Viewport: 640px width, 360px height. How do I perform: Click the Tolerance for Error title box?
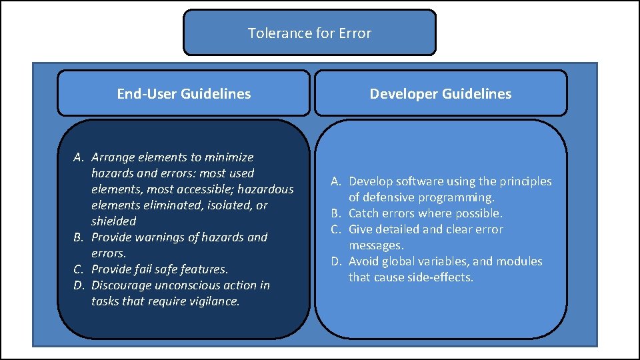309,32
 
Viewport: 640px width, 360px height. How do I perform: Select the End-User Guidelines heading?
183,94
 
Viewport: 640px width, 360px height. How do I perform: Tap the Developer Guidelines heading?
441,94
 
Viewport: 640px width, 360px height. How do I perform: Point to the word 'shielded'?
113,221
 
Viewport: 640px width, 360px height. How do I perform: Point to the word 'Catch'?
363,213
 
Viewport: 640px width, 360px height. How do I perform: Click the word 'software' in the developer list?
417,181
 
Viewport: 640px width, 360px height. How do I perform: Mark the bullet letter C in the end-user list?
78,269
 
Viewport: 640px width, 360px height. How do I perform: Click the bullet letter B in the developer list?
336,213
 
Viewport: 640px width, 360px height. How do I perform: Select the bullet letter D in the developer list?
336,261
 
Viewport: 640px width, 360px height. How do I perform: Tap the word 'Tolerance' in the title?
274,33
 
